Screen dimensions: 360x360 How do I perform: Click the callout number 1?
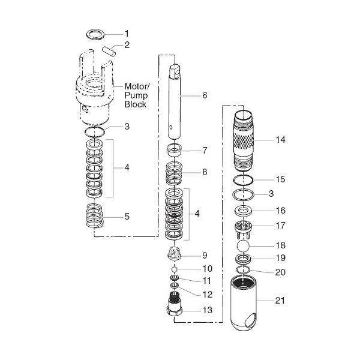point(127,32)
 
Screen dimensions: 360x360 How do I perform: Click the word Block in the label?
point(135,105)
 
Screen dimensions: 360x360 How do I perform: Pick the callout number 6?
point(205,95)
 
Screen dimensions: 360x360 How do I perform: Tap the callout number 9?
point(205,255)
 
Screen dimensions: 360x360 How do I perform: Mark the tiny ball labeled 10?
point(175,269)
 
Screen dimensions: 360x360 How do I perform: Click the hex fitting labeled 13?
point(175,308)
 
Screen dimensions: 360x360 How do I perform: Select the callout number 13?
point(206,311)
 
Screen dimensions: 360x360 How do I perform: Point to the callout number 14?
point(280,140)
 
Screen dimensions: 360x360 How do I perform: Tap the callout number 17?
point(279,227)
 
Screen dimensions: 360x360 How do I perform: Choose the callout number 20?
point(280,272)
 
